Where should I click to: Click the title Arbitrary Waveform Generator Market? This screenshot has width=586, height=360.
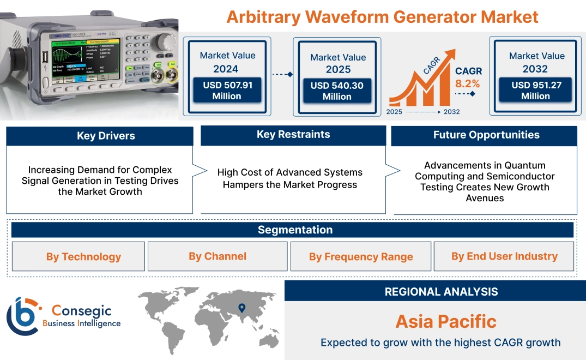tap(382, 16)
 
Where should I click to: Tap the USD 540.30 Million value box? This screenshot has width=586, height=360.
tap(337, 91)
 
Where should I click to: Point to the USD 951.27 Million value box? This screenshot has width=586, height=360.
tap(535, 90)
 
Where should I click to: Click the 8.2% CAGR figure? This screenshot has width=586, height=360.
tap(468, 83)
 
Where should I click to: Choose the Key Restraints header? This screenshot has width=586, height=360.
tap(293, 135)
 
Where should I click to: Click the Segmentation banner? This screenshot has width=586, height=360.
tap(295, 230)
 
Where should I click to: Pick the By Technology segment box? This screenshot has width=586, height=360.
tap(83, 257)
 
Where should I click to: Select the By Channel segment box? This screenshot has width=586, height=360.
tap(218, 256)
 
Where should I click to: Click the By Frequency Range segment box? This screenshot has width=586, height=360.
tap(361, 257)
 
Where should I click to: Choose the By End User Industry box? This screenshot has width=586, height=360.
tap(504, 256)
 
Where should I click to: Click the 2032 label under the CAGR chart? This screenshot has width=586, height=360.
tap(452, 112)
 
